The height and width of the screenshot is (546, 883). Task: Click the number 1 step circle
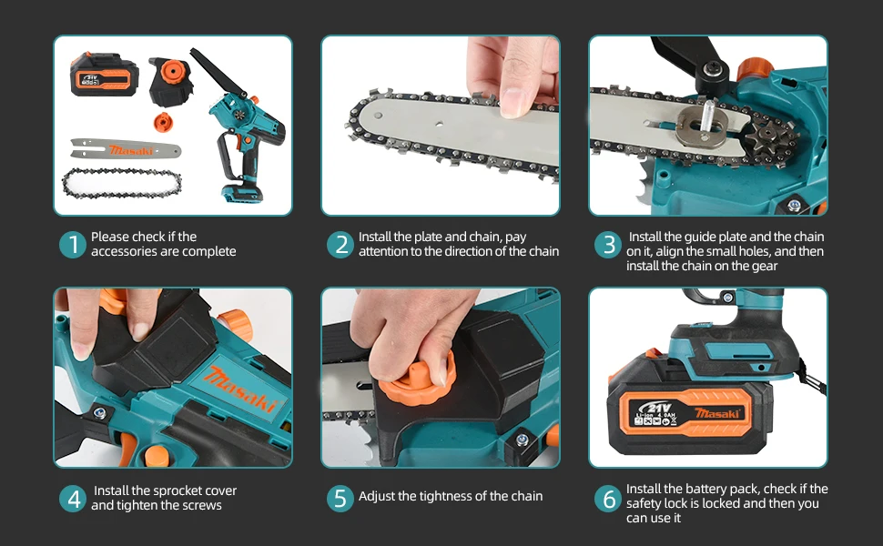[73, 245]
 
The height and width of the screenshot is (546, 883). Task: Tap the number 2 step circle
[340, 245]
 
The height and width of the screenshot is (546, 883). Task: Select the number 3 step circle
[608, 245]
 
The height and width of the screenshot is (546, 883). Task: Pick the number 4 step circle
[73, 499]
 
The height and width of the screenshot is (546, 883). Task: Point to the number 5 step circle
[340, 499]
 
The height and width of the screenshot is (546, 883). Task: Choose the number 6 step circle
[608, 499]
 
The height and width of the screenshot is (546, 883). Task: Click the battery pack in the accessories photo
[104, 75]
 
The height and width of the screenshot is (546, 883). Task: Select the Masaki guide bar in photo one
[126, 149]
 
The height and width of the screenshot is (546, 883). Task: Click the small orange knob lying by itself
[163, 122]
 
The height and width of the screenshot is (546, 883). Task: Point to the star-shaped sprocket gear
[767, 137]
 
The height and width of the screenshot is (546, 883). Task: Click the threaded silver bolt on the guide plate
[707, 117]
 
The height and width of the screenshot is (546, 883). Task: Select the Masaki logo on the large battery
[716, 414]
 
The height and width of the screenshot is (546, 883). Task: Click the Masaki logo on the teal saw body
[241, 389]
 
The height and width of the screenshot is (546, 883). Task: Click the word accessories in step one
[122, 251]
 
